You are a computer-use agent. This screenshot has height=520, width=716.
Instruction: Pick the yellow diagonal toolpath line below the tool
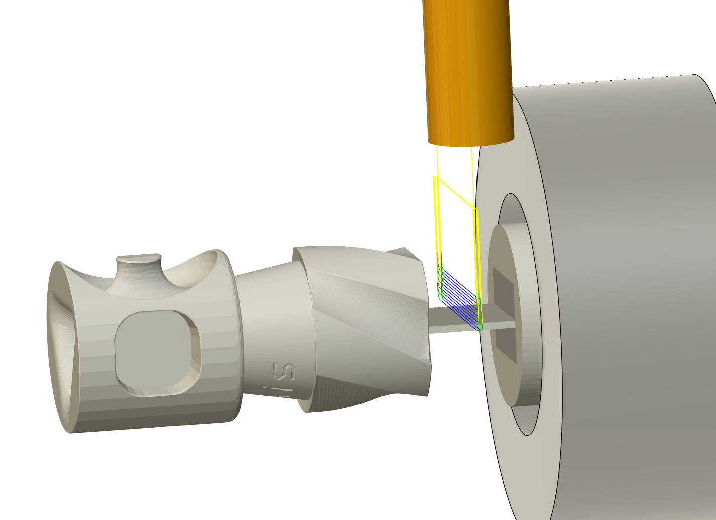(x=456, y=193)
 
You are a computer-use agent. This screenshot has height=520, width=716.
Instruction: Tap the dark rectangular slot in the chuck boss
(x=504, y=314)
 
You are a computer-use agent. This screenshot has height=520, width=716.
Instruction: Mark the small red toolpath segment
(x=440, y=287)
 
